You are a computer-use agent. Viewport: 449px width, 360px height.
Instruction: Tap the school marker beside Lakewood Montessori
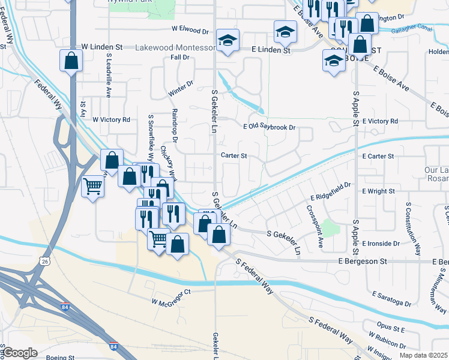click(x=228, y=40)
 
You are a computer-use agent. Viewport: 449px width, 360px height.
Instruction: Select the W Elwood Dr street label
click(x=190, y=29)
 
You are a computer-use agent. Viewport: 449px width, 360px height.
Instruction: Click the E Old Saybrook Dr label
click(x=270, y=127)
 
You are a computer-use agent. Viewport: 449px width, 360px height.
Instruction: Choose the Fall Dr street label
click(x=180, y=58)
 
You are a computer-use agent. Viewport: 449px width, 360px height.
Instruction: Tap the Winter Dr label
click(x=181, y=89)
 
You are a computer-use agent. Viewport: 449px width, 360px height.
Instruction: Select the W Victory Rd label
click(x=111, y=119)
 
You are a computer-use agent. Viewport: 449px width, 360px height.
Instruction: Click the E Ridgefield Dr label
click(x=330, y=193)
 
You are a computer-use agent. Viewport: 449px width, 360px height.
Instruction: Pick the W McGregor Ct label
click(x=170, y=292)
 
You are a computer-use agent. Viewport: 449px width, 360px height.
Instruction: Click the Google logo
click(x=20, y=353)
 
